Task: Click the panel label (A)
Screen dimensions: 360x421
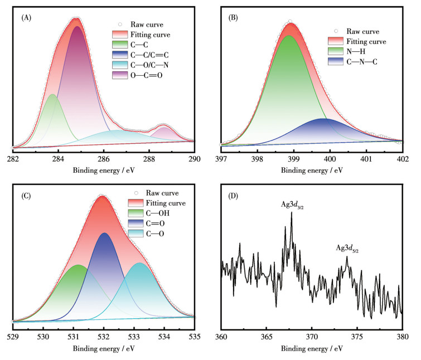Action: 26,18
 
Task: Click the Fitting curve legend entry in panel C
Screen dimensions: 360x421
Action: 166,203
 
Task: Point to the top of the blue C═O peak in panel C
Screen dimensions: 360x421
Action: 104,233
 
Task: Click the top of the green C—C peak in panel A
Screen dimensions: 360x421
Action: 52,95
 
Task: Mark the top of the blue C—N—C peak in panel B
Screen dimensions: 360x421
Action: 323,119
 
